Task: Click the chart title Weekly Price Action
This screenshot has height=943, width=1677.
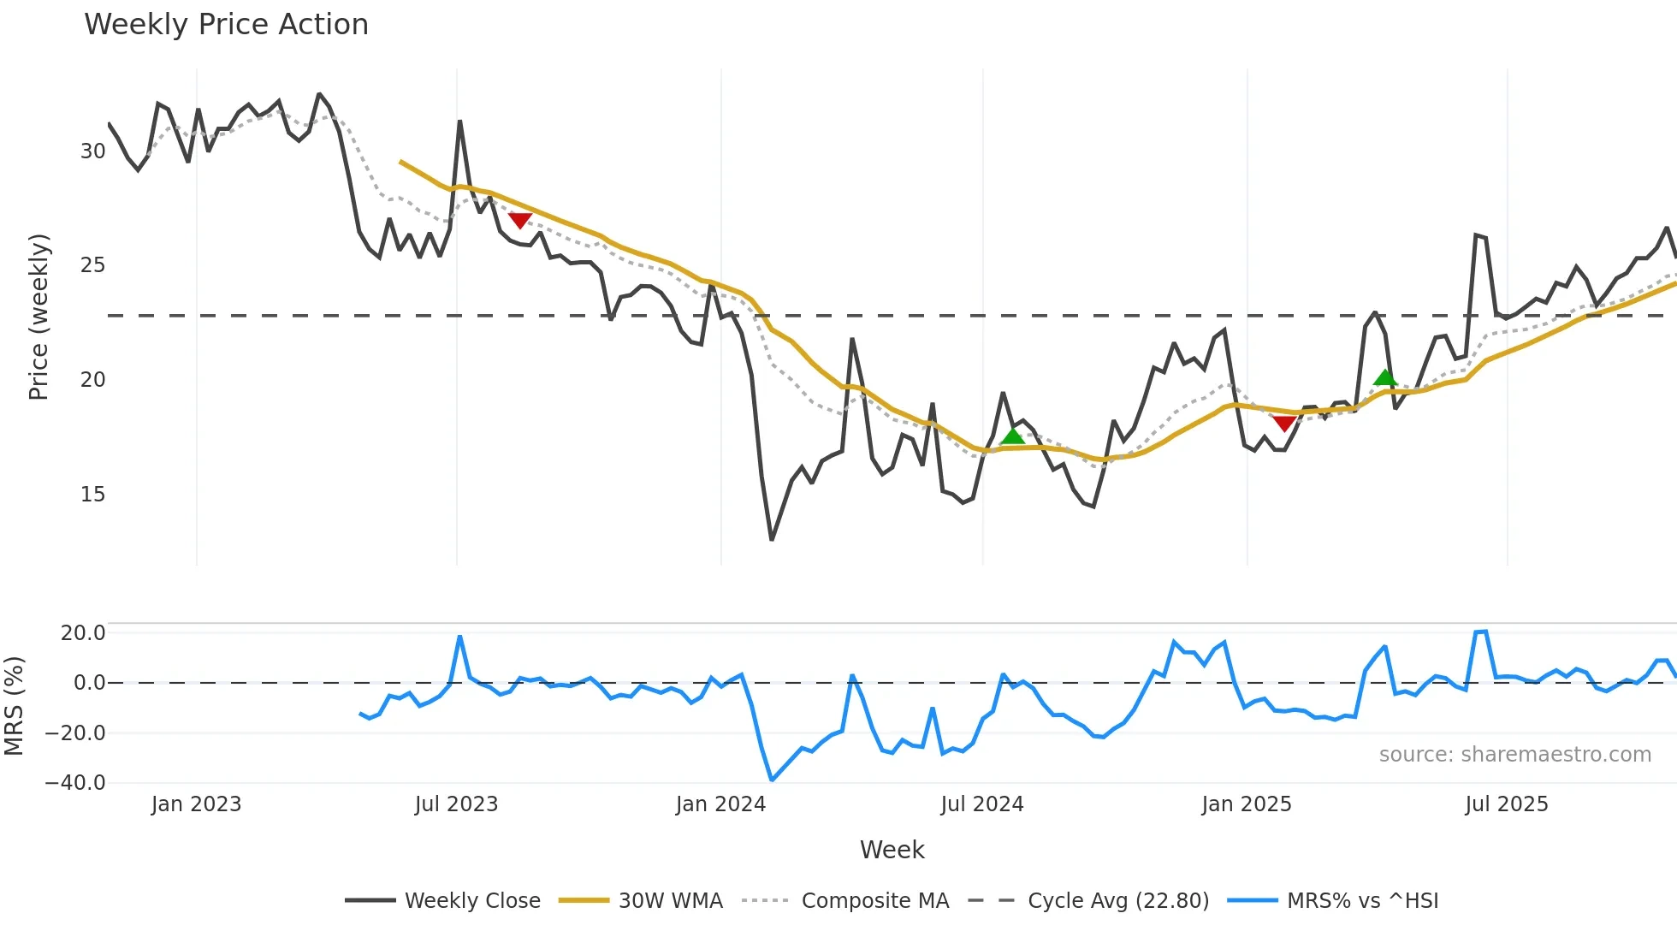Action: pyautogui.click(x=226, y=25)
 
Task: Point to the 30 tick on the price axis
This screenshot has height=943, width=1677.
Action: pyautogui.click(x=92, y=151)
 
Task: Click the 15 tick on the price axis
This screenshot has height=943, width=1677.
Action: pyautogui.click(x=92, y=495)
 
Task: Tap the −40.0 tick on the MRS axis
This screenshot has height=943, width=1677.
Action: pyautogui.click(x=75, y=783)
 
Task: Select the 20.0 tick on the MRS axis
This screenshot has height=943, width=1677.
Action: pyautogui.click(x=83, y=633)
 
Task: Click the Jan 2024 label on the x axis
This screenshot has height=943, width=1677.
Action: pyautogui.click(x=720, y=804)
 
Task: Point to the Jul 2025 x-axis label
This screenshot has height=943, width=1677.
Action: pyautogui.click(x=1506, y=804)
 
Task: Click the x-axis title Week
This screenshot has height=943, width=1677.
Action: pyautogui.click(x=892, y=850)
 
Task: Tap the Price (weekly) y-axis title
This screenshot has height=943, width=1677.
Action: pyautogui.click(x=39, y=317)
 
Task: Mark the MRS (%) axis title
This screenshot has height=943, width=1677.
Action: pyautogui.click(x=14, y=706)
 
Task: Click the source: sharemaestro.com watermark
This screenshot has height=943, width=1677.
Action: pyautogui.click(x=1514, y=755)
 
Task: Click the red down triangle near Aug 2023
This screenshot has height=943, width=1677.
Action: pyautogui.click(x=520, y=220)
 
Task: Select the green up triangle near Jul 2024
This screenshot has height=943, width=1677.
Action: pyautogui.click(x=1012, y=436)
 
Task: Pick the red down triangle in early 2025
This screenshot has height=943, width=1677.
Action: pyautogui.click(x=1284, y=423)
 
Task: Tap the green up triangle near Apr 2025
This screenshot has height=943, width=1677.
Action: pyautogui.click(x=1385, y=377)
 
